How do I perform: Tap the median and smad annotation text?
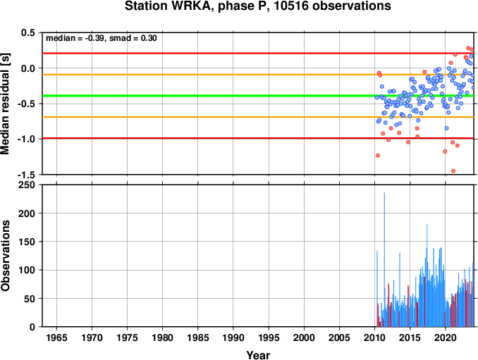point(102,38)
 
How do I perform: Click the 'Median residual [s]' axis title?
point(5,104)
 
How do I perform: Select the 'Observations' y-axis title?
point(5,256)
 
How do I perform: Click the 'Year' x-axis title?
point(258,355)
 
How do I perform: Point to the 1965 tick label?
point(56,337)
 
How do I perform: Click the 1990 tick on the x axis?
point(233,337)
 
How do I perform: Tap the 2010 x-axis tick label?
point(374,337)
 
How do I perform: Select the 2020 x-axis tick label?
point(446,337)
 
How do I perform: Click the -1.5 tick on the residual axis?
point(27,175)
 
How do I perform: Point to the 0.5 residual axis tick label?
point(29,32)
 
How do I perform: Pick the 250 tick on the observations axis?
point(27,185)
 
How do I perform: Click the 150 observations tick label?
point(27,242)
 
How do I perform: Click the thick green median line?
point(258,96)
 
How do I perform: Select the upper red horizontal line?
point(258,54)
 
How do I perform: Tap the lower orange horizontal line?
point(258,117)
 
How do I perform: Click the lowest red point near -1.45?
point(453,171)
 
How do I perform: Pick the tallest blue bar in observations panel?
point(384,259)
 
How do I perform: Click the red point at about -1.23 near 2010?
point(378,155)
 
